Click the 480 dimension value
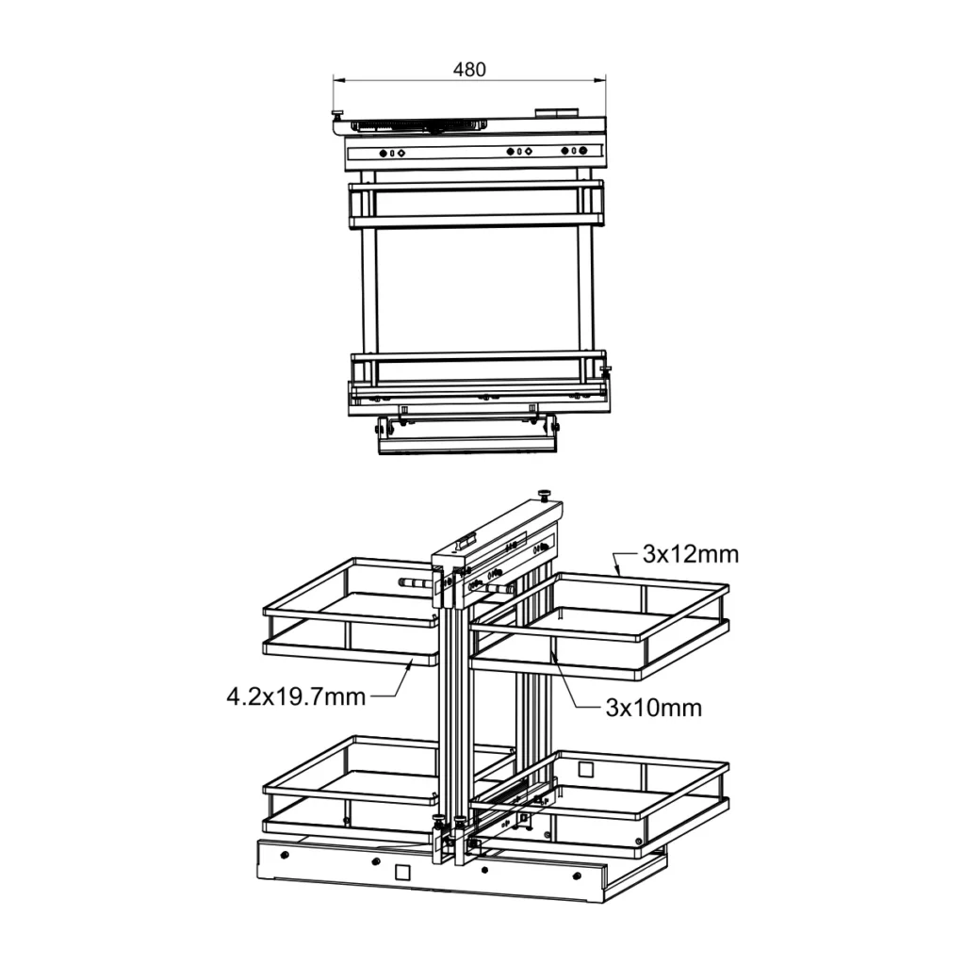point(469,70)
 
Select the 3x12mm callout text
point(691,554)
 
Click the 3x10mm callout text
point(653,708)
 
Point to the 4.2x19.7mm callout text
point(295,697)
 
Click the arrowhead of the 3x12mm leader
point(615,572)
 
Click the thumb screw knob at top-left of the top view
point(336,115)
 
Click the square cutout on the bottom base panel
point(402,872)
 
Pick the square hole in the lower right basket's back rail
point(586,769)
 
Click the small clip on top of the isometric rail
point(464,545)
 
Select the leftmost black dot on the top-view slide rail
point(383,153)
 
